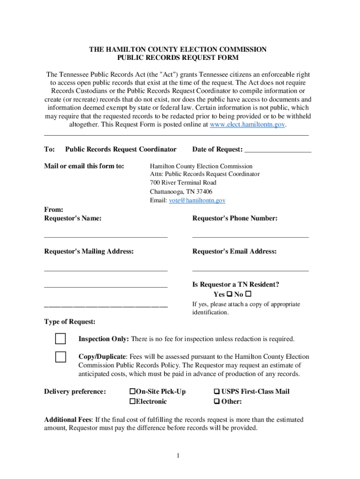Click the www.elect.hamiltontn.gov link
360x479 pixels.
pos(247,125)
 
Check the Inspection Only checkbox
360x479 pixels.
pos(60,339)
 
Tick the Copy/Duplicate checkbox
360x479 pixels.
pos(60,357)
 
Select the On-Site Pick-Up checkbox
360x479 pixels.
pos(132,392)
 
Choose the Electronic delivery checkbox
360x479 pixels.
pos(132,401)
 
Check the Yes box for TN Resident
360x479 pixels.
pos(229,294)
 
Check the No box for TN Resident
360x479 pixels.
pos(248,294)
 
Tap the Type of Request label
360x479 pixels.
pos(70,322)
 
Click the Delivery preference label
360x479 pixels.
pos(75,392)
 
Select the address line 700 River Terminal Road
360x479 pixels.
pos(183,183)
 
